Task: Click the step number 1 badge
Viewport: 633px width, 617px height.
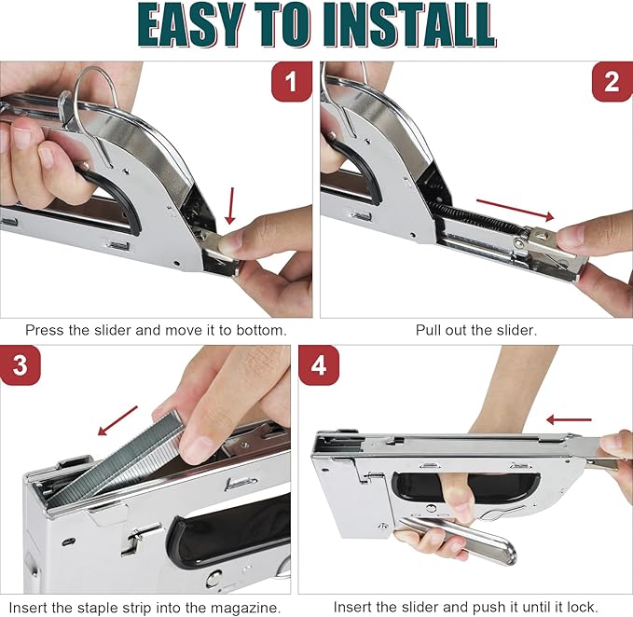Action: [291, 83]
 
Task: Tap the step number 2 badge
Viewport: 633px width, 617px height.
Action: [612, 83]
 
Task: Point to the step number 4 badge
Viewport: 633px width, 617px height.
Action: [319, 366]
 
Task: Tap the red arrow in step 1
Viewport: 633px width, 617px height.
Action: [231, 204]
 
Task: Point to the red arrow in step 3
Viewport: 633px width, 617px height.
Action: [117, 419]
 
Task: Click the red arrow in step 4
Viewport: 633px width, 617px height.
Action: [569, 419]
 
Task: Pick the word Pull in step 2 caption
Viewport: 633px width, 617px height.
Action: [430, 330]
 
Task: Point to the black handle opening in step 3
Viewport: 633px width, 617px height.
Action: [233, 531]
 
